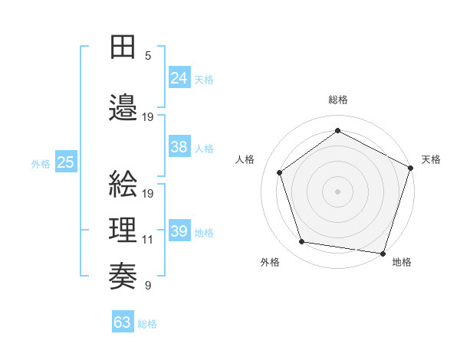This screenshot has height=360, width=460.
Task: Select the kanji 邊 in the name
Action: click(x=122, y=107)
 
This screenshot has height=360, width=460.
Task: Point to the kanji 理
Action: click(x=122, y=231)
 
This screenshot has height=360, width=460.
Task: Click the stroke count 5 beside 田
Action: click(x=148, y=56)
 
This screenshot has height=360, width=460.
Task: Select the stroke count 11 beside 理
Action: click(x=148, y=240)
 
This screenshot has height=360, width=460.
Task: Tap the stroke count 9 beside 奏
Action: click(x=148, y=286)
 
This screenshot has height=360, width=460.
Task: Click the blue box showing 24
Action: click(x=179, y=78)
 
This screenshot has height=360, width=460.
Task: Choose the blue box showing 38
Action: click(x=179, y=147)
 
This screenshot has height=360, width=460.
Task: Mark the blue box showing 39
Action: click(x=179, y=231)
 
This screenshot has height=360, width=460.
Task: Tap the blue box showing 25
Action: click(x=65, y=162)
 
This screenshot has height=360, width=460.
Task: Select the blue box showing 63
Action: click(x=123, y=322)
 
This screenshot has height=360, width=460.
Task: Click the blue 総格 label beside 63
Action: click(x=147, y=324)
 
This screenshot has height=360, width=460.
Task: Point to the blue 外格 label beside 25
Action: click(x=41, y=163)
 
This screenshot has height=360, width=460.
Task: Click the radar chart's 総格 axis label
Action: click(x=338, y=100)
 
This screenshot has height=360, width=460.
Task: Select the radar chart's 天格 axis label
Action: click(x=431, y=159)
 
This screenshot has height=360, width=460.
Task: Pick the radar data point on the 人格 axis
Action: click(x=280, y=172)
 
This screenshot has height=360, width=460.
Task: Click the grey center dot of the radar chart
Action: click(x=337, y=191)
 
